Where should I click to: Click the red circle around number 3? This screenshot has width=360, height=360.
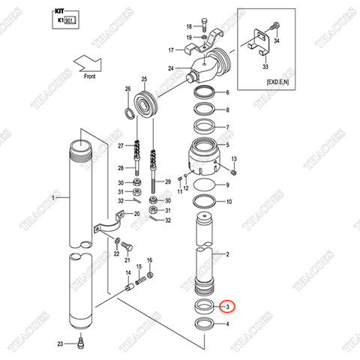[x=228, y=307]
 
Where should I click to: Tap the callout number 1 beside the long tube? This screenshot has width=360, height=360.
[x=53, y=198]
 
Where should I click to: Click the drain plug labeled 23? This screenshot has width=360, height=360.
[x=80, y=343]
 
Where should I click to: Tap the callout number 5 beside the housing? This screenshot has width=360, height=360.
[x=227, y=145]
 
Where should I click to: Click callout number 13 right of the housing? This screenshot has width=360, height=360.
[x=234, y=159]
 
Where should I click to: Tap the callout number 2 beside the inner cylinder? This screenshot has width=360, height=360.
[x=227, y=255]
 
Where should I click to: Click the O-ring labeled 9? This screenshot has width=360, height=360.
[x=206, y=184]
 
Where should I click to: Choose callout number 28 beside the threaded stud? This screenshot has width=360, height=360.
[x=120, y=168]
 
